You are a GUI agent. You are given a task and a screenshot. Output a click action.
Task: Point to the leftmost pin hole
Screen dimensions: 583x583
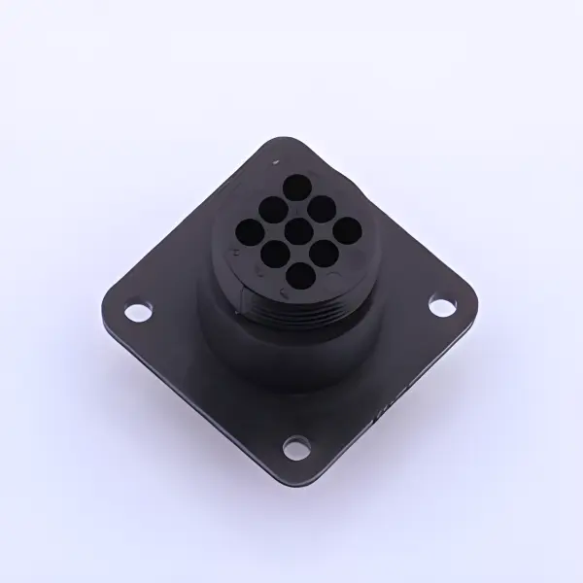point(250,231)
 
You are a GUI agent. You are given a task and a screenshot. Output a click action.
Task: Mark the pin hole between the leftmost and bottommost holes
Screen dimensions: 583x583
point(276,256)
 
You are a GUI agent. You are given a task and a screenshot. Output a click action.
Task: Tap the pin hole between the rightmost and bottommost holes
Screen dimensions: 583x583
point(326,255)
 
